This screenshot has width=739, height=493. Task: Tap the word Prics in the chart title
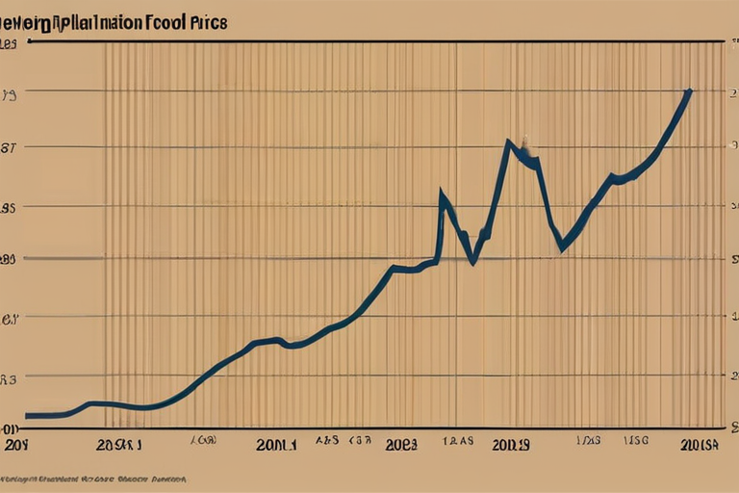pyautogui.click(x=210, y=23)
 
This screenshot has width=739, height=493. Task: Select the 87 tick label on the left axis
pyautogui.click(x=10, y=148)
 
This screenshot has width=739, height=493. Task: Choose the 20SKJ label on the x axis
pyautogui.click(x=118, y=446)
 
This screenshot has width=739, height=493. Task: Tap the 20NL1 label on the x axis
pyautogui.click(x=277, y=446)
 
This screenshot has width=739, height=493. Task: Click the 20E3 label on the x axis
pyautogui.click(x=400, y=446)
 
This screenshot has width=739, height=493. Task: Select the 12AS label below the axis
pyautogui.click(x=458, y=440)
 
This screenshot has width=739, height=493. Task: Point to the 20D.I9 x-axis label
pyautogui.click(x=510, y=446)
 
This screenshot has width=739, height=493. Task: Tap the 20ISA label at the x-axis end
pyautogui.click(x=699, y=445)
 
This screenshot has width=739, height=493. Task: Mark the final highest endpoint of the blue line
pyautogui.click(x=689, y=91)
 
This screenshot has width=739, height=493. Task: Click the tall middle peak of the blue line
pyautogui.click(x=508, y=143)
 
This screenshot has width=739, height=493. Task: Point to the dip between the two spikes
pyautogui.click(x=471, y=261)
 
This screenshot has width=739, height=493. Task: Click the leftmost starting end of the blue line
pyautogui.click(x=27, y=415)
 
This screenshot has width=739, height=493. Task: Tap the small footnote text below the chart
pyautogui.click(x=92, y=479)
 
